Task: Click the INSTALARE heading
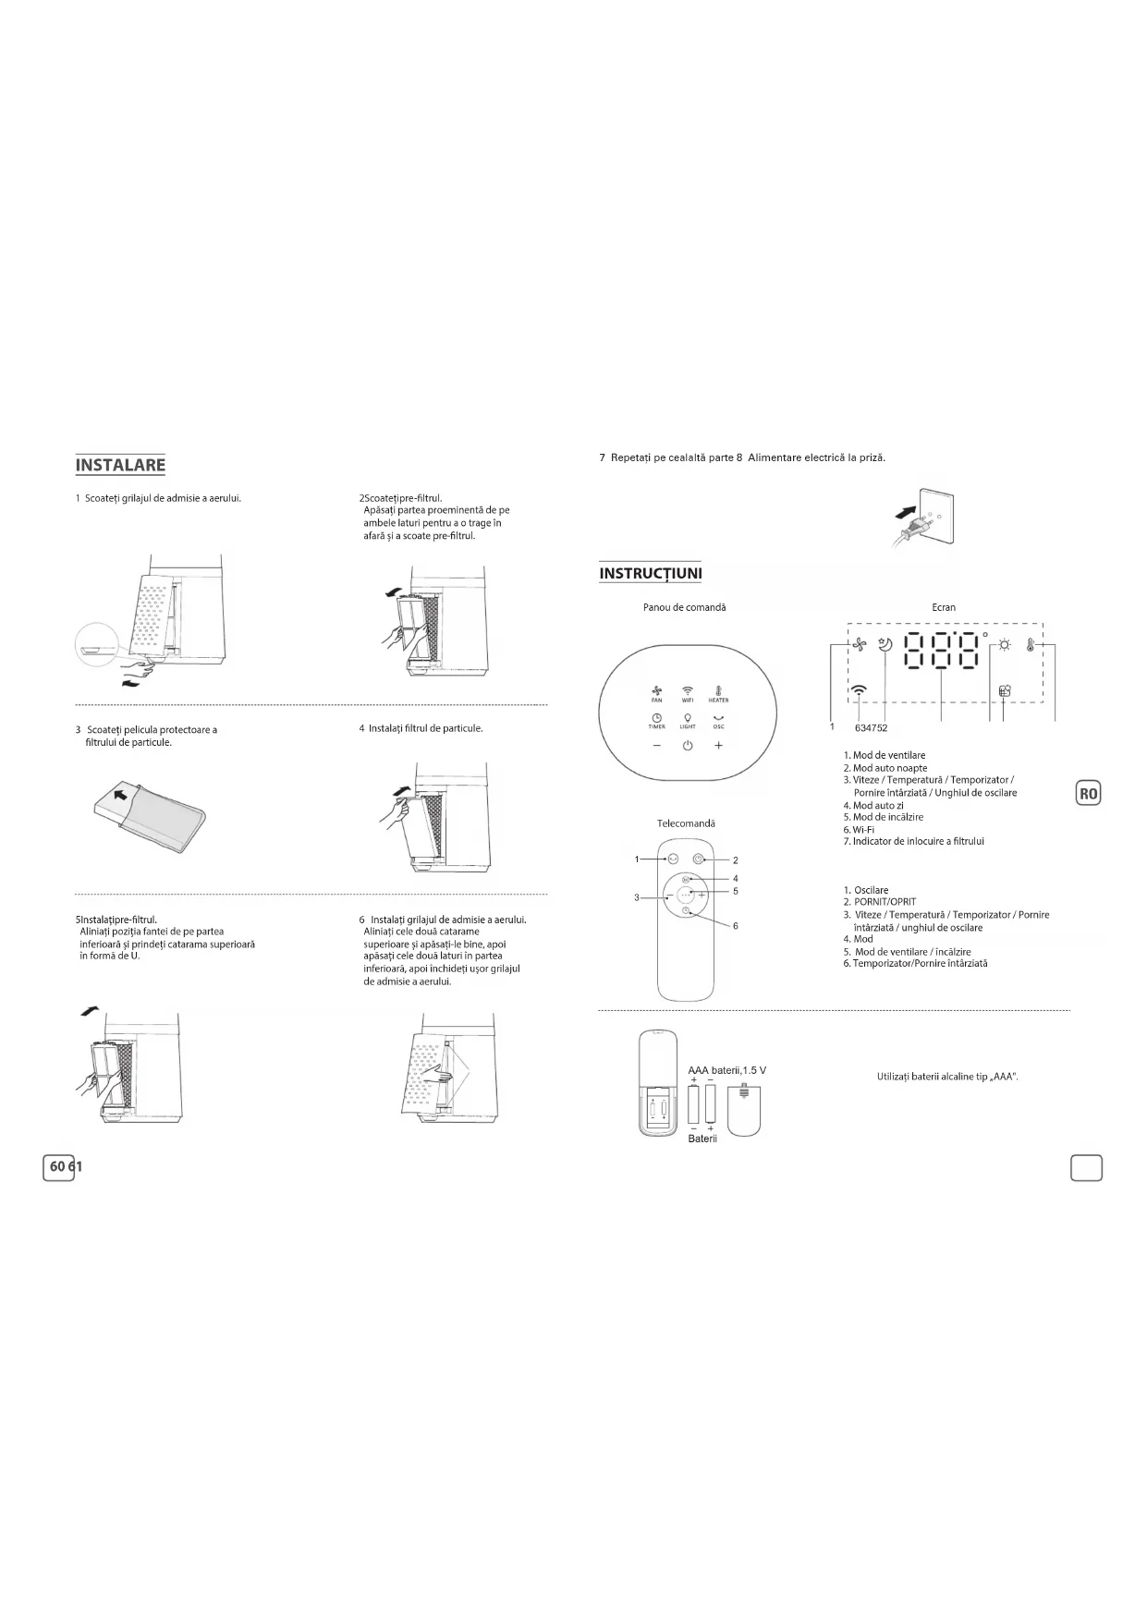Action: tap(120, 465)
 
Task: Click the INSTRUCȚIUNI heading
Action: tap(650, 574)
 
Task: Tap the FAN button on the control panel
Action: tap(657, 692)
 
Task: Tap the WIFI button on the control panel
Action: tap(688, 692)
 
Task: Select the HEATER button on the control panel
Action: tap(718, 692)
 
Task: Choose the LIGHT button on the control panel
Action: tap(688, 720)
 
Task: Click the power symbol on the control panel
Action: tap(688, 747)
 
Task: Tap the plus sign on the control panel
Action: tap(718, 747)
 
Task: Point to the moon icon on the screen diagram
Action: tap(885, 646)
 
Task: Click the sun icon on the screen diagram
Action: tap(1004, 646)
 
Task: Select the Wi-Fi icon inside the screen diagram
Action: tap(860, 689)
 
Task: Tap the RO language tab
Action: tap(1089, 793)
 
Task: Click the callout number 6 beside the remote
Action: tap(736, 925)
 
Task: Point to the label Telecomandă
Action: tap(686, 823)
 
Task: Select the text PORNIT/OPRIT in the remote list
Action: tap(885, 902)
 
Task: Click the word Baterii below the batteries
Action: tap(702, 1139)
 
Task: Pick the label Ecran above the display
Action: tap(944, 607)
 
